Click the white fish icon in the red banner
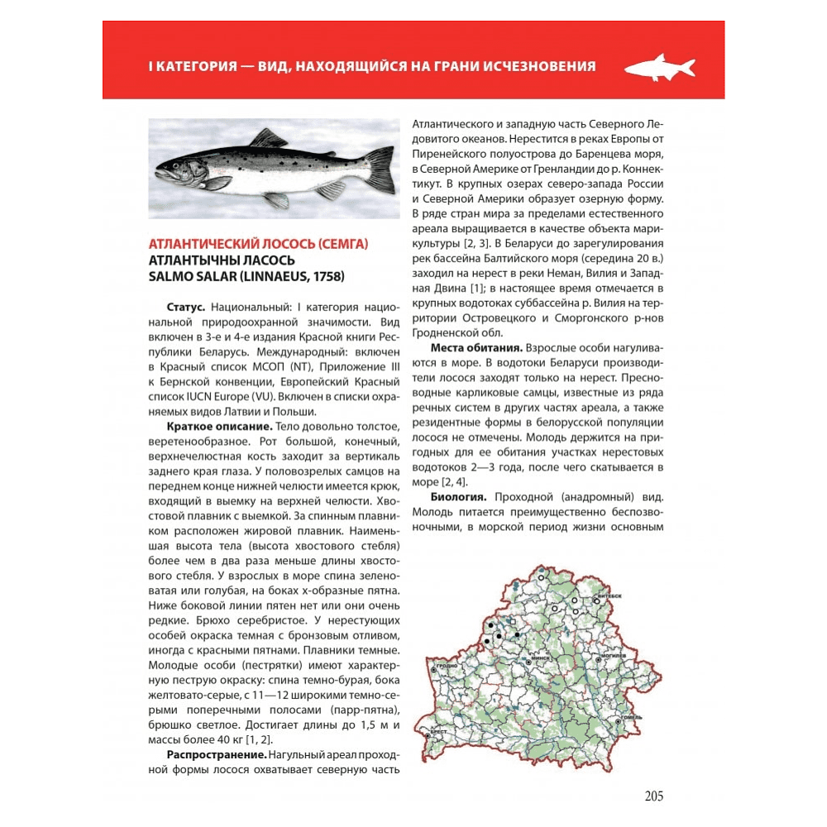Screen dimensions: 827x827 [659, 66]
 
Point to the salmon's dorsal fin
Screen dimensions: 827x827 [269, 138]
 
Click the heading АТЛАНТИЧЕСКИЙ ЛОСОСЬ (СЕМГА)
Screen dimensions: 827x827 [258, 244]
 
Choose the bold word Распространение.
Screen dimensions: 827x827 [218, 755]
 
